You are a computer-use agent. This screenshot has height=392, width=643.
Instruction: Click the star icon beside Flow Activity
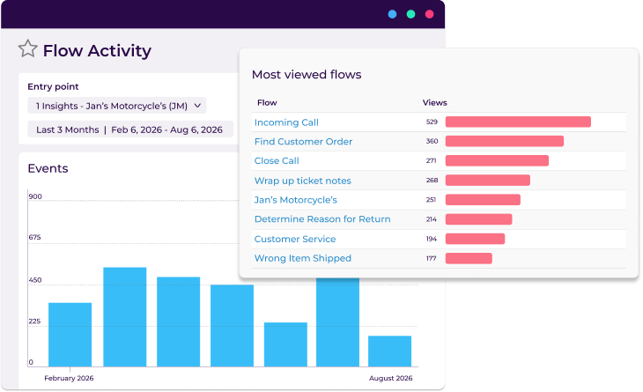pyautogui.click(x=28, y=49)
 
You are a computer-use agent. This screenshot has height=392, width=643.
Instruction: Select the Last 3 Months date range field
pyautogui.click(x=129, y=129)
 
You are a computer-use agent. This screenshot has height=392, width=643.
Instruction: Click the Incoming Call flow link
pyautogui.click(x=286, y=122)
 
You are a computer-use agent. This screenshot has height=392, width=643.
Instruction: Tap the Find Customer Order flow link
pyautogui.click(x=303, y=142)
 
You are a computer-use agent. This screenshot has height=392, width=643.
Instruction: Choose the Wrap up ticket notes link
pyautogui.click(x=302, y=181)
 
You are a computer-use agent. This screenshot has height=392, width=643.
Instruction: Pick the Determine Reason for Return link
pyautogui.click(x=322, y=219)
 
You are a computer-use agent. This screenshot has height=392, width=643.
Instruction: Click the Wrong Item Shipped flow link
pyautogui.click(x=302, y=258)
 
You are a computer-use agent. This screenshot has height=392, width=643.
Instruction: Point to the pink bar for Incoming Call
pyautogui.click(x=518, y=122)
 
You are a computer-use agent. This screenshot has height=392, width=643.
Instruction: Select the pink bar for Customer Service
pyautogui.click(x=475, y=239)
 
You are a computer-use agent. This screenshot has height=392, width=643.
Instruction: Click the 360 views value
pyautogui.click(x=432, y=142)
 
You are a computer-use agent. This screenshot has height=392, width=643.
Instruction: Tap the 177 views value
pyautogui.click(x=432, y=258)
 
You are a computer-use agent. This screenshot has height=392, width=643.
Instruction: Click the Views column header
pyautogui.click(x=435, y=103)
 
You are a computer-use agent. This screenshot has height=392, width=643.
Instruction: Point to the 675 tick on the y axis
pyautogui.click(x=35, y=237)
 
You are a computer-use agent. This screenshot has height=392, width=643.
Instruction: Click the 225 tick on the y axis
pyautogui.click(x=35, y=322)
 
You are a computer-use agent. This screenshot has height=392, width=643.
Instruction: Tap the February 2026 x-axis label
pyautogui.click(x=69, y=378)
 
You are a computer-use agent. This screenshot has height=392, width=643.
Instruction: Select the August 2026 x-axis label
pyautogui.click(x=390, y=378)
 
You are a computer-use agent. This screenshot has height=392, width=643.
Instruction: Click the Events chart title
pyautogui.click(x=48, y=168)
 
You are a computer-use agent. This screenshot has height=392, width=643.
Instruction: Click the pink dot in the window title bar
pyautogui.click(x=430, y=14)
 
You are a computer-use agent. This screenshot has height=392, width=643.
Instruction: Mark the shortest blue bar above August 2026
pyautogui.click(x=389, y=351)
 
